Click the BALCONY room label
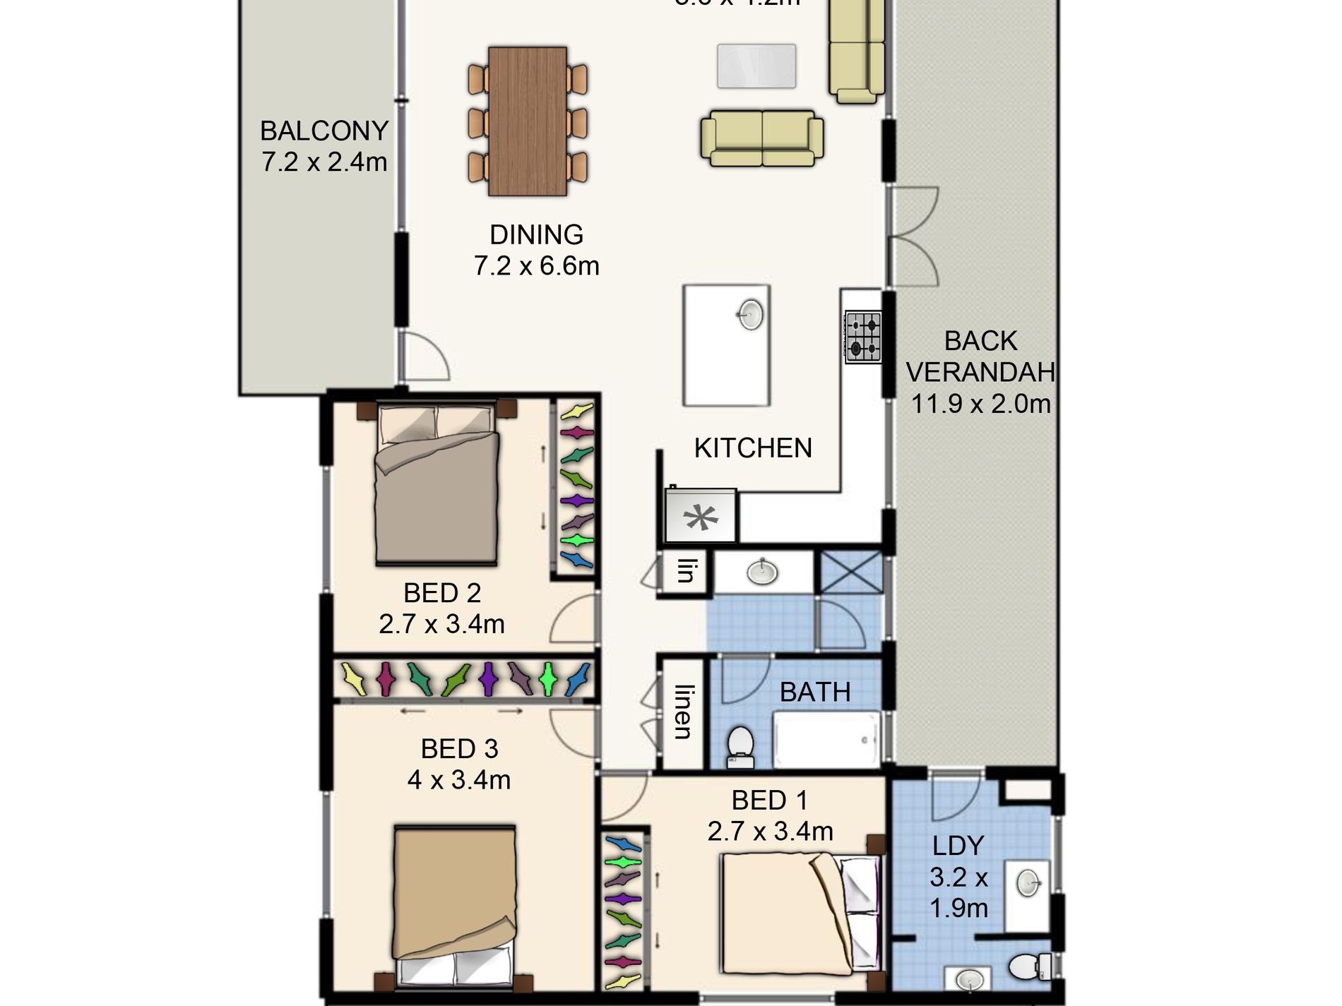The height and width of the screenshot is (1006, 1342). tap(324, 131)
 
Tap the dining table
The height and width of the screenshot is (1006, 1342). tap(528, 121)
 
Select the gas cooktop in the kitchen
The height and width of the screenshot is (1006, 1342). tap(863, 337)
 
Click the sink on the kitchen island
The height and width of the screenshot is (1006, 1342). tap(751, 314)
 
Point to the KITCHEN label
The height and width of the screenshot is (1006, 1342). tap(753, 448)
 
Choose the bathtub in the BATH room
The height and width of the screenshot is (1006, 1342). tap(827, 740)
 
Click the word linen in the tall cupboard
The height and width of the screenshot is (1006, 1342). tap(682, 712)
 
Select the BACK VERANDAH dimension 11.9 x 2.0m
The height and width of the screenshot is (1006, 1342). tap(980, 404)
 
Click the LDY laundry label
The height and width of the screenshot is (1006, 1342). tap(958, 846)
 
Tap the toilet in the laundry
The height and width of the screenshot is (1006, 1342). tap(1028, 966)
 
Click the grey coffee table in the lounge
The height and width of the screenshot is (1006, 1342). tap(756, 66)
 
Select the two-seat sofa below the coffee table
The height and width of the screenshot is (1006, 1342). tap(762, 138)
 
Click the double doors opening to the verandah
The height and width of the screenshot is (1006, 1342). tap(913, 236)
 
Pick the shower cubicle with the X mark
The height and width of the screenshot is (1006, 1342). tap(850, 572)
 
